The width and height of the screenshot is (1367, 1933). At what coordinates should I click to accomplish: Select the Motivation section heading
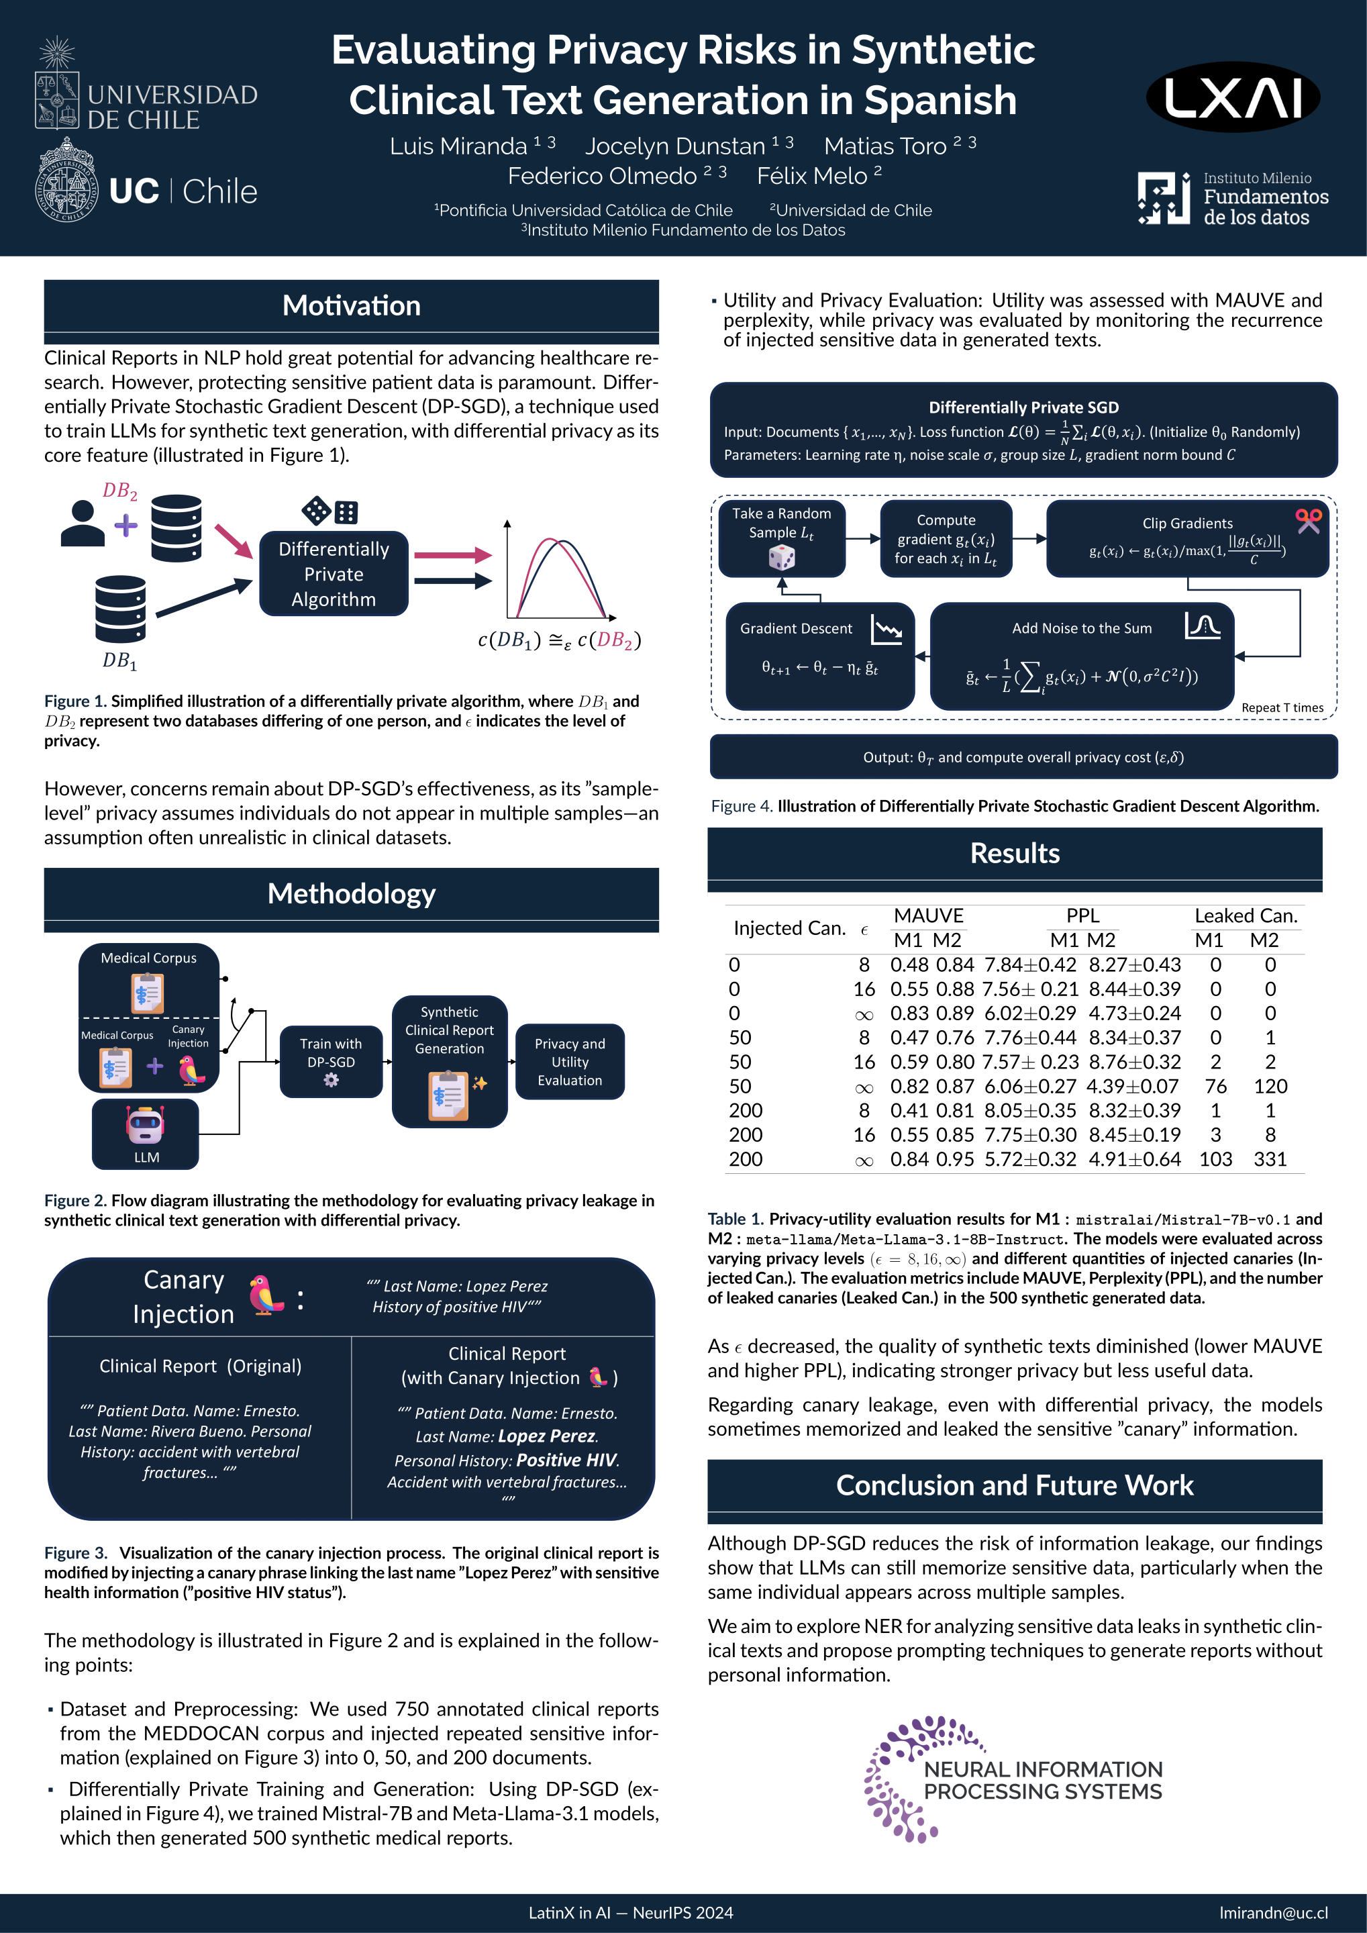pyautogui.click(x=351, y=305)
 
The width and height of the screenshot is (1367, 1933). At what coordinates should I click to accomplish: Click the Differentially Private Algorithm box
pyautogui.click(x=334, y=574)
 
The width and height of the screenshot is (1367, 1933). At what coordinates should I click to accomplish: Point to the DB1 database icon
pyautogui.click(x=120, y=609)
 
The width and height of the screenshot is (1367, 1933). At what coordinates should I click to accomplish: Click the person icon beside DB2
pyautogui.click(x=83, y=524)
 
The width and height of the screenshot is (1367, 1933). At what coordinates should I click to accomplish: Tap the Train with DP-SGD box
pyautogui.click(x=331, y=1060)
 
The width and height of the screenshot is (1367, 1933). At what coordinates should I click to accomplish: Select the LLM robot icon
pyautogui.click(x=146, y=1126)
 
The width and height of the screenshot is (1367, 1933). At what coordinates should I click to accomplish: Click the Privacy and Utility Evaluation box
pyautogui.click(x=569, y=1062)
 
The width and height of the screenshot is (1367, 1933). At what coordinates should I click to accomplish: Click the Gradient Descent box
pyautogui.click(x=820, y=656)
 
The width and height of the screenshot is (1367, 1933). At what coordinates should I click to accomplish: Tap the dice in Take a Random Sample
pyautogui.click(x=782, y=557)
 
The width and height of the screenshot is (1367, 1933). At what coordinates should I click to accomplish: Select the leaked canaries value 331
pyautogui.click(x=1270, y=1159)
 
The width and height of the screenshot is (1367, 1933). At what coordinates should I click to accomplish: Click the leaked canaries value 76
pyautogui.click(x=1215, y=1086)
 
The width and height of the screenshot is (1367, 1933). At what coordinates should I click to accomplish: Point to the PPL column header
pyautogui.click(x=1082, y=916)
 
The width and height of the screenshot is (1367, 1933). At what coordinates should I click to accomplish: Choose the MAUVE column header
pyautogui.click(x=929, y=916)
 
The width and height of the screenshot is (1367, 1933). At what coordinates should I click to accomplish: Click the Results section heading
pyautogui.click(x=1014, y=854)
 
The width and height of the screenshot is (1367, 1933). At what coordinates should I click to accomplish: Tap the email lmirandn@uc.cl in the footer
pyautogui.click(x=1273, y=1912)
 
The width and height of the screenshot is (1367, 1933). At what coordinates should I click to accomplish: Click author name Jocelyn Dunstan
pyautogui.click(x=675, y=146)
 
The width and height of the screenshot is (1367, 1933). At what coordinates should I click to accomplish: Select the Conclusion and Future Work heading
pyautogui.click(x=1014, y=1485)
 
